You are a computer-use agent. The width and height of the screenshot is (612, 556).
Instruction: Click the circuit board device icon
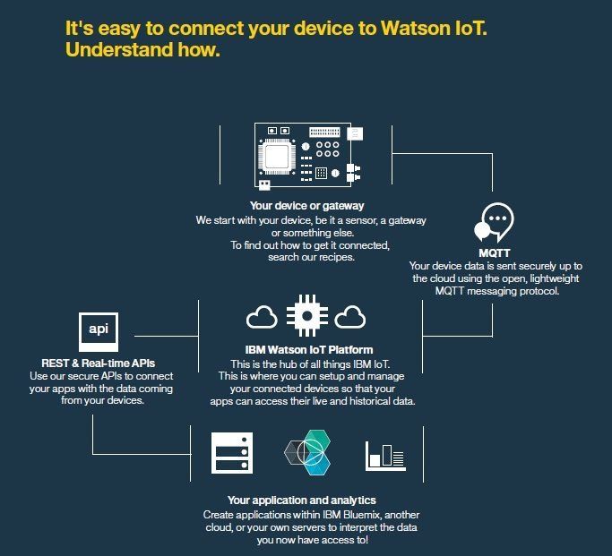[x=308, y=157]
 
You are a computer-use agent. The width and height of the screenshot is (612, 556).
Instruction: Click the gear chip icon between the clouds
[x=306, y=318]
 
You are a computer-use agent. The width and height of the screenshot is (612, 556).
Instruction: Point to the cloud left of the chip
[x=262, y=317]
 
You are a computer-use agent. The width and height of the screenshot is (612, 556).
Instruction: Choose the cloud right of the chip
[x=351, y=317]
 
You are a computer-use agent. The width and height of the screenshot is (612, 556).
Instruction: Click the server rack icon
[x=232, y=453]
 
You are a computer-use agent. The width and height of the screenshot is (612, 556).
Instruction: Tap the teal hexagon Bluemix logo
[x=307, y=454]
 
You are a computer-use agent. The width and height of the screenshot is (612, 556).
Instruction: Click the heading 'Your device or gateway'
[x=306, y=206]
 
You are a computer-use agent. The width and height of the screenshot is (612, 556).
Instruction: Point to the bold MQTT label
[x=496, y=253]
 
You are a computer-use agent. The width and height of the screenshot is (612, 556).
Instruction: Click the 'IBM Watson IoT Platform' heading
[x=307, y=349]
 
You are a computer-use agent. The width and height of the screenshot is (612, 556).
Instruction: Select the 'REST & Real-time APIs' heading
[x=99, y=363]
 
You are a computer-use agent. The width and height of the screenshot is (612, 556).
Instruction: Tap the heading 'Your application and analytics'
[x=301, y=500]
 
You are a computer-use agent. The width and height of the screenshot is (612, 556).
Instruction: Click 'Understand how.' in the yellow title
[x=142, y=50]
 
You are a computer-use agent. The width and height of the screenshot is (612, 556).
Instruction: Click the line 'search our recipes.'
[x=306, y=258]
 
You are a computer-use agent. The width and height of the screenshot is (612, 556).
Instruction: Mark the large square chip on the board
[x=280, y=156]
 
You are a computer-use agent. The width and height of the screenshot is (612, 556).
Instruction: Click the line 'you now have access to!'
[x=311, y=541]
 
